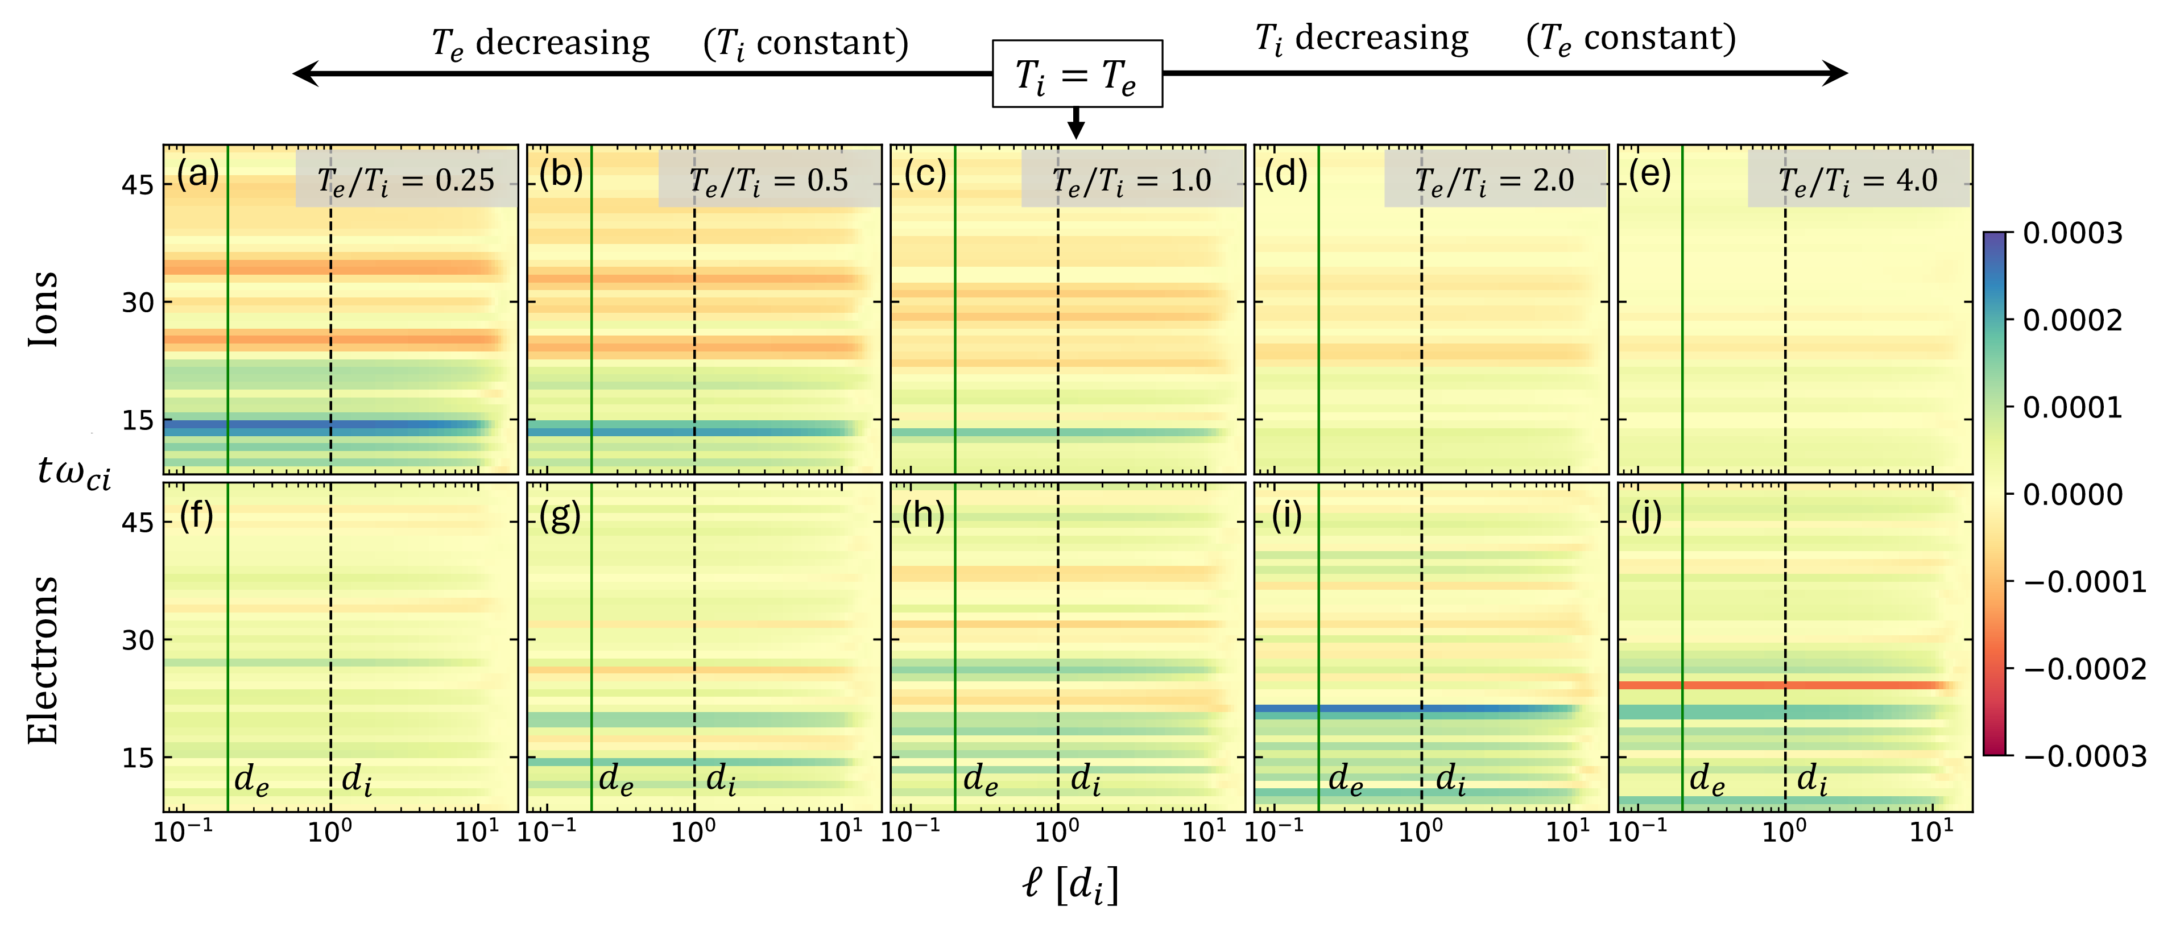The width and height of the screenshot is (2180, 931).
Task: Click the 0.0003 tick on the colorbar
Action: (x=2072, y=234)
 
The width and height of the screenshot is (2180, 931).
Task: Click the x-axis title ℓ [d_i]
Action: (x=1070, y=884)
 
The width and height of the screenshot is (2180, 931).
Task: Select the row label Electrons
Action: (x=42, y=660)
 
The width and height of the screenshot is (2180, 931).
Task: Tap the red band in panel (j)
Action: (x=1786, y=685)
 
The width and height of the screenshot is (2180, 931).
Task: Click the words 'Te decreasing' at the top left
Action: (x=540, y=42)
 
